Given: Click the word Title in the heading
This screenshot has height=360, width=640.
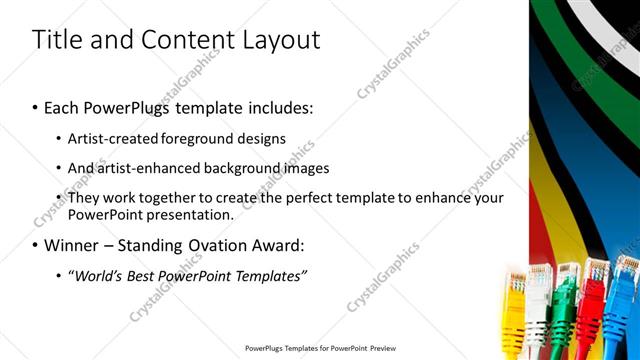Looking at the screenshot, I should point(56,40).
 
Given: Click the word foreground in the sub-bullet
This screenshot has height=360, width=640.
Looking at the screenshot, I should point(216,139).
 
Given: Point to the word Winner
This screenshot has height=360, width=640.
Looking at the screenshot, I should point(71,245).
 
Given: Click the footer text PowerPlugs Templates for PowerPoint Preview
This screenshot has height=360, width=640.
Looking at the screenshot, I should point(319,348).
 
